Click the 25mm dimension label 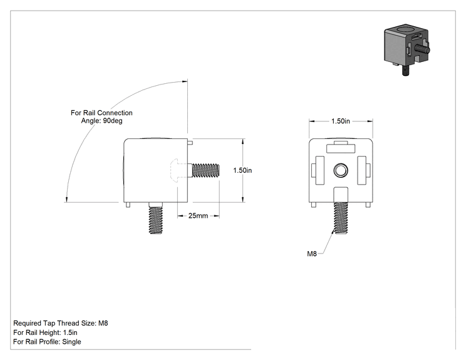[198, 215]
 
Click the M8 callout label [312, 254]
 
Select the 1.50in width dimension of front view [341, 121]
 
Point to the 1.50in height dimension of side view [242, 170]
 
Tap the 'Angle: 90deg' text [101, 121]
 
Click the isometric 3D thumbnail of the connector [407, 49]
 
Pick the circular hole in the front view [341, 170]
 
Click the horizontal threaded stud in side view [205, 170]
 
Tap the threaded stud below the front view [341, 218]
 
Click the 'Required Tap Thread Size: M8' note [61, 323]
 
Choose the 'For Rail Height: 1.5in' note [45, 332]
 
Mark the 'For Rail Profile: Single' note [47, 342]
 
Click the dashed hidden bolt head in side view [180, 170]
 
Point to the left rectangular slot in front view [319, 170]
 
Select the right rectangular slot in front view [362, 170]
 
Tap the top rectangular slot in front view [341, 148]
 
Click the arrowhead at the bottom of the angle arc [67, 199]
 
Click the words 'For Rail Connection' [101, 113]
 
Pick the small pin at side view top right [190, 143]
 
